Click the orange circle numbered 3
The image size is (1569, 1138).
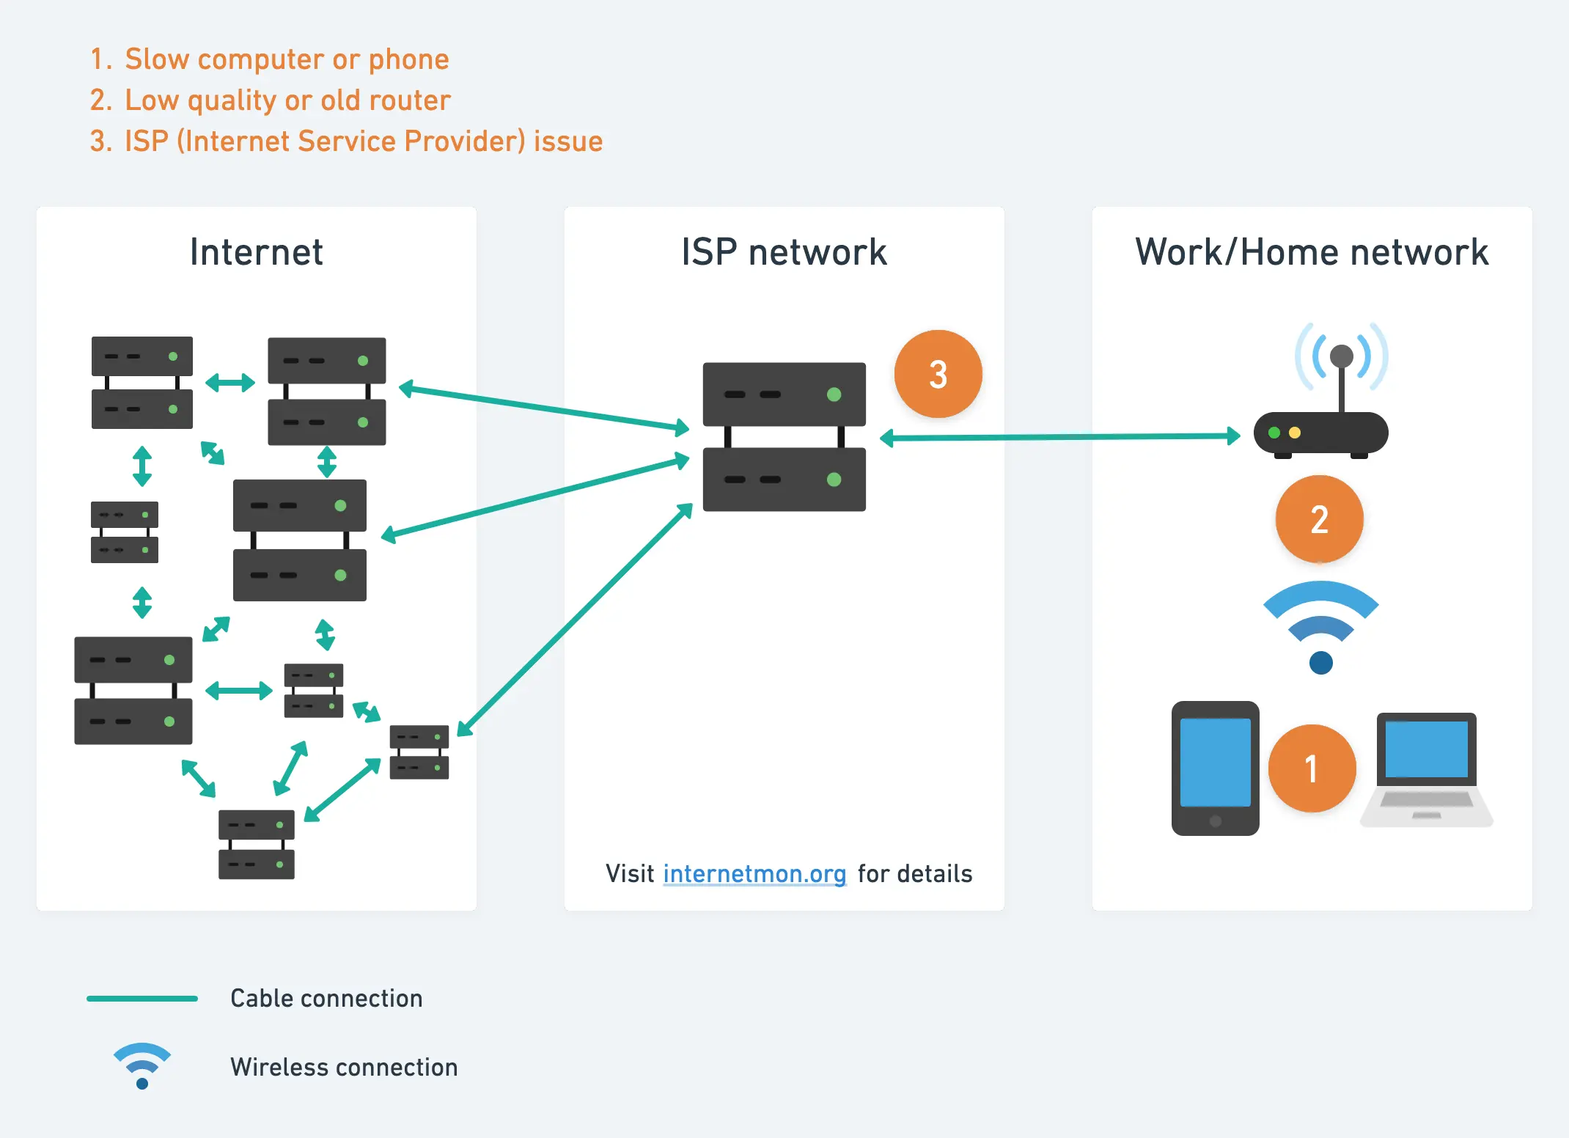938,374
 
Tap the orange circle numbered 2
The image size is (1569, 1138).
1319,519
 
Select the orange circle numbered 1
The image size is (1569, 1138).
1312,768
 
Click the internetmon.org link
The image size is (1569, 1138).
754,873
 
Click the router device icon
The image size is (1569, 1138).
1320,433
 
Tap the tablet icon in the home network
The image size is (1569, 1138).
1215,768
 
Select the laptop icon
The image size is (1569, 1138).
1426,769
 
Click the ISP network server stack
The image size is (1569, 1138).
784,436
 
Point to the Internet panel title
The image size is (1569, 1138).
256,252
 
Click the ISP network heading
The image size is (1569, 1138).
784,252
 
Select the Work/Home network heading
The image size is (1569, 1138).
1312,252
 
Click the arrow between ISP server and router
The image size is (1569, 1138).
1059,437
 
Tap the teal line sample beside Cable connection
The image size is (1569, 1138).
142,998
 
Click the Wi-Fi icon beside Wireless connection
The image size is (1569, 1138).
142,1065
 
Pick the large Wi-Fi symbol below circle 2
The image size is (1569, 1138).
1320,623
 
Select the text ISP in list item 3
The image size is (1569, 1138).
147,142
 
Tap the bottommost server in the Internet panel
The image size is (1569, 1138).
256,844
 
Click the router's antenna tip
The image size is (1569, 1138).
1341,356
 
